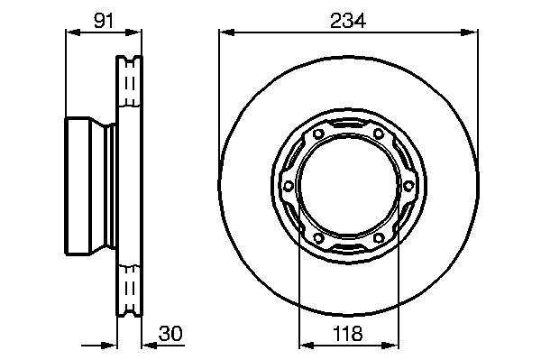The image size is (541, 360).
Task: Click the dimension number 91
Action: pyautogui.click(x=104, y=21)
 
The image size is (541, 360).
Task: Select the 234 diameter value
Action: pyautogui.click(x=348, y=21)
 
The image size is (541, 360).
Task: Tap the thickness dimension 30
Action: pyautogui.click(x=170, y=334)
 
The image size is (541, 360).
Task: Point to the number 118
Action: pyautogui.click(x=348, y=334)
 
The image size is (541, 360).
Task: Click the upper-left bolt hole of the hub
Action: pyautogui.click(x=318, y=134)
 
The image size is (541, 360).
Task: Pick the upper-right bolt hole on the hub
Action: pyautogui.click(x=379, y=134)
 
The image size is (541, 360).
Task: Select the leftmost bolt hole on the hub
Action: pyautogui.click(x=289, y=186)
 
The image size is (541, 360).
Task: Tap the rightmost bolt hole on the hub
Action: pyautogui.click(x=408, y=186)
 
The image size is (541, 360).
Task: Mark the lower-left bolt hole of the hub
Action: pyautogui.click(x=318, y=238)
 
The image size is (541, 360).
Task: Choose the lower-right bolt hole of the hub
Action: pyautogui.click(x=379, y=238)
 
